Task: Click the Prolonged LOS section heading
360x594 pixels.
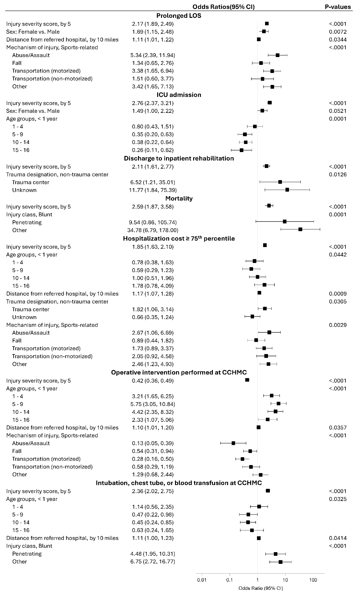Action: pyautogui.click(x=179, y=16)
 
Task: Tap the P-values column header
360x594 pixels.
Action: pyautogui.click(x=338, y=7)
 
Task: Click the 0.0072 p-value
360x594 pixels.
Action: pyautogui.click(x=338, y=32)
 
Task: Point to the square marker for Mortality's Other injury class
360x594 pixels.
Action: pyautogui.click(x=300, y=229)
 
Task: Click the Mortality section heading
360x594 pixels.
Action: pyautogui.click(x=179, y=198)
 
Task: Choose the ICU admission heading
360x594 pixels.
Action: pyautogui.click(x=179, y=95)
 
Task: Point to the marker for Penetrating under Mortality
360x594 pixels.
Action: pyautogui.click(x=285, y=221)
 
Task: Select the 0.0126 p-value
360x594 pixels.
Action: pyautogui.click(x=338, y=174)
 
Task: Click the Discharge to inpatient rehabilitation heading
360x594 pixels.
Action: pyautogui.click(x=179, y=158)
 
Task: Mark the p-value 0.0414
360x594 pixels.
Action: pyautogui.click(x=338, y=538)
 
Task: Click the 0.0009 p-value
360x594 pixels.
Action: pyautogui.click(x=338, y=294)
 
